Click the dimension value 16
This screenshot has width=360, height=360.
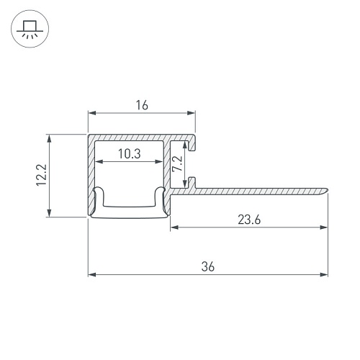pyautogui.click(x=142, y=105)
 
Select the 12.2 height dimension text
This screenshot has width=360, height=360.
pyautogui.click(x=41, y=175)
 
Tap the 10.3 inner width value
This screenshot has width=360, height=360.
pyautogui.click(x=130, y=153)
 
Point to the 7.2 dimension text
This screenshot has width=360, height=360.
pyautogui.click(x=178, y=163)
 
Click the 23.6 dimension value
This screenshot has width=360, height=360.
pyautogui.click(x=249, y=220)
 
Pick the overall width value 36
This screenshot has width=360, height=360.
pyautogui.click(x=208, y=266)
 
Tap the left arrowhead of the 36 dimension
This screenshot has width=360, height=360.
pyautogui.click(x=92, y=274)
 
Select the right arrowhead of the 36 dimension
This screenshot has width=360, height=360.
pyautogui.click(x=324, y=274)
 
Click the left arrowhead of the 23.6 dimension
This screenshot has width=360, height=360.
pyautogui.click(x=174, y=228)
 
